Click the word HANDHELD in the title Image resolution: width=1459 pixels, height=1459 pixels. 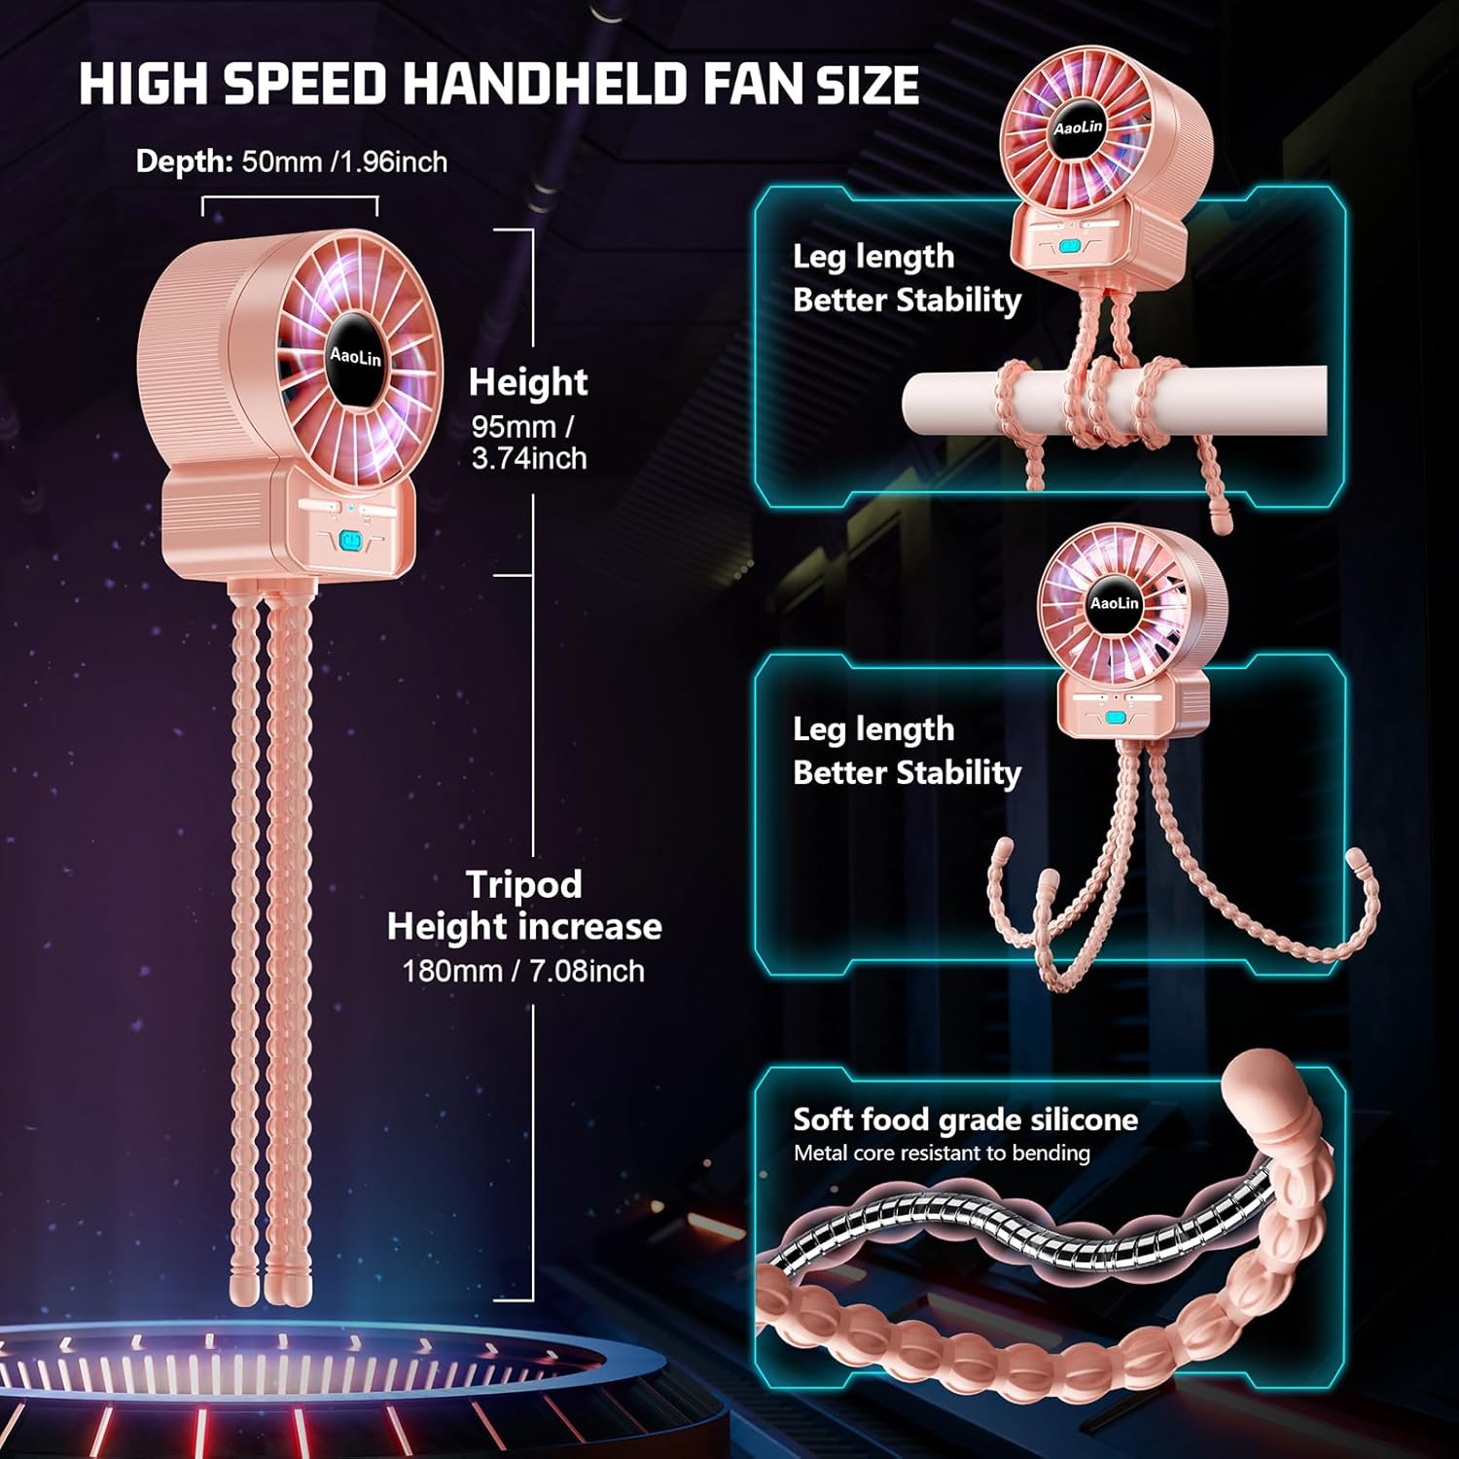(546, 85)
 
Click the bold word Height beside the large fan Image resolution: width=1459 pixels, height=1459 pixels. (528, 382)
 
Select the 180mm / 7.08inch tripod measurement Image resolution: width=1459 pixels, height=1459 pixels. (523, 971)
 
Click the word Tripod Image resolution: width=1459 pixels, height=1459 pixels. (524, 884)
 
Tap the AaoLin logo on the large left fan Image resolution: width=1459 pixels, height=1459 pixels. (355, 357)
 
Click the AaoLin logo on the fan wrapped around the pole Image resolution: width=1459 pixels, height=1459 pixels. (1078, 127)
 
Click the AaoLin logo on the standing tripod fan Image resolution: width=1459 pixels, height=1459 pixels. (1114, 603)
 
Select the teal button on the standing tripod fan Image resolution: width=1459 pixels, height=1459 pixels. (1115, 718)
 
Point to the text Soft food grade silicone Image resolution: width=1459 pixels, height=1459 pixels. (965, 1120)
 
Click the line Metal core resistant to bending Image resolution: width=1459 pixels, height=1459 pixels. (942, 1154)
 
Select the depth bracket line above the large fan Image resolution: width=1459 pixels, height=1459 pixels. (290, 198)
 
